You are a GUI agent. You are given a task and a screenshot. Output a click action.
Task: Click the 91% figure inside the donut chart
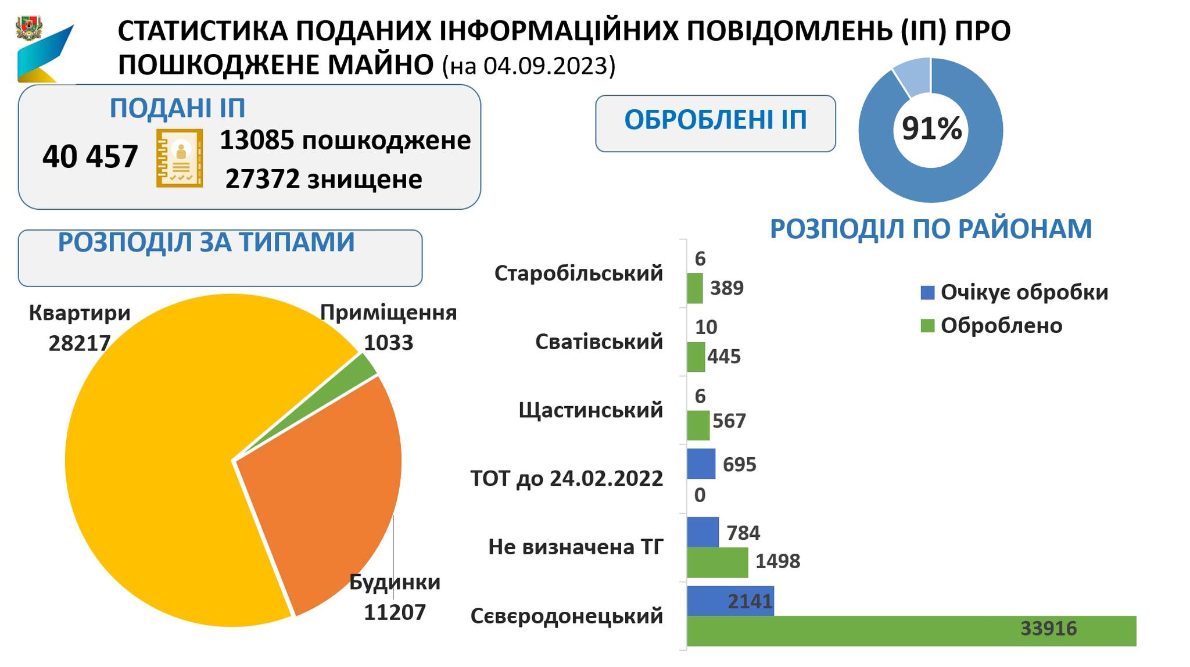tap(931, 129)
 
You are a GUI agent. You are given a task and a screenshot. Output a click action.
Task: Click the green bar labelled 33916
tap(911, 630)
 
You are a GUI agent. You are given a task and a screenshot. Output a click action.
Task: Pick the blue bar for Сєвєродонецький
tap(730, 600)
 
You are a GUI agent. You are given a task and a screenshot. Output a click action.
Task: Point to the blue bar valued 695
tap(701, 464)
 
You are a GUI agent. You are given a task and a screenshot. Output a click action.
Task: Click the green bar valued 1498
tap(717, 562)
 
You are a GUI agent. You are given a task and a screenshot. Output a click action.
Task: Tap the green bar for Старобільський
tap(695, 289)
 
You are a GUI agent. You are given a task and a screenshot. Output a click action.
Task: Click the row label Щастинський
tap(590, 410)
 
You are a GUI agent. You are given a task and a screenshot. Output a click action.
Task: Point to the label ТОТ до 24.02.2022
tap(567, 479)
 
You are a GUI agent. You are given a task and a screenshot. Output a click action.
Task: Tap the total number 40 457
tap(90, 157)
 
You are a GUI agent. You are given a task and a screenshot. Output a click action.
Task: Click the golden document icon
tap(180, 158)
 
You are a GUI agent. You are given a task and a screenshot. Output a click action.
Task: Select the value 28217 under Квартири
tap(80, 343)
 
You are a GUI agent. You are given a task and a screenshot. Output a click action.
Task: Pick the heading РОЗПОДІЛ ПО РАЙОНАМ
tap(931, 229)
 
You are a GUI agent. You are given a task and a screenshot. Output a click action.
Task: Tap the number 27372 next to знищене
tap(262, 180)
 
